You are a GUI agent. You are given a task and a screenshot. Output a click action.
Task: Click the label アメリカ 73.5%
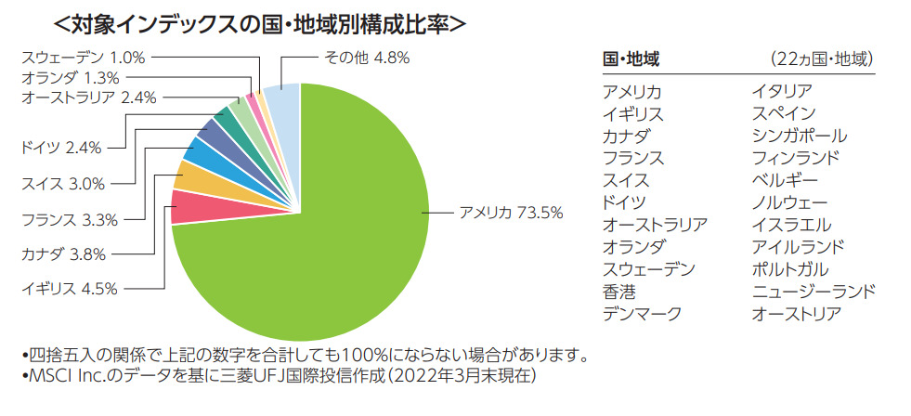(511, 213)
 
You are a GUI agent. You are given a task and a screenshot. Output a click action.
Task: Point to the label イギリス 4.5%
(70, 288)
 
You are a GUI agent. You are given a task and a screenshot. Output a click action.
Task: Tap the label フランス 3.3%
(70, 219)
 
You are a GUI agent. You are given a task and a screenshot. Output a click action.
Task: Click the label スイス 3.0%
(63, 184)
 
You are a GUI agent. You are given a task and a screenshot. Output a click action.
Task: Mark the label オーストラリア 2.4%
(88, 96)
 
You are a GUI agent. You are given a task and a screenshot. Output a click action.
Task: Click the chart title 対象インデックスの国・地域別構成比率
(260, 21)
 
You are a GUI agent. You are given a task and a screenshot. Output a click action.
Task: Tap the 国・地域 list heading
(631, 59)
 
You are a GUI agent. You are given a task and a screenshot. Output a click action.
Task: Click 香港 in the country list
(619, 292)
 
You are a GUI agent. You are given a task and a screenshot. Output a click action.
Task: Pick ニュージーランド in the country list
(813, 292)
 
